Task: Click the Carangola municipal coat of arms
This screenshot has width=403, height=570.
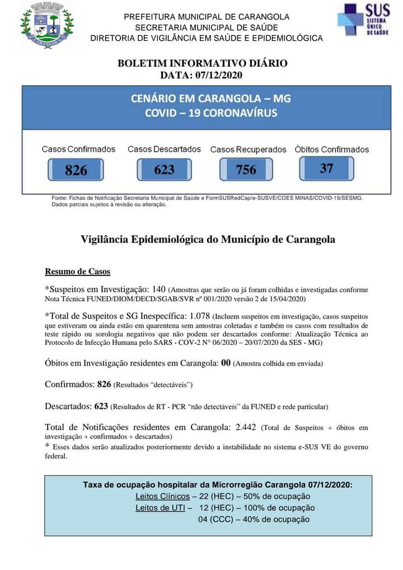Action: pos(47,25)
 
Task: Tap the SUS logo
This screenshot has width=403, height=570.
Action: pos(363,20)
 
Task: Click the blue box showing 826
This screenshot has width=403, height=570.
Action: pos(76,170)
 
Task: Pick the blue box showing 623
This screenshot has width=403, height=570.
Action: pos(164,169)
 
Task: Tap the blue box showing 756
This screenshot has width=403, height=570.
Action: pos(246,169)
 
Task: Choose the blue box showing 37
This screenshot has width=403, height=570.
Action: pos(326,168)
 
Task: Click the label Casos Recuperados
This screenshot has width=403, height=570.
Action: pos(248,149)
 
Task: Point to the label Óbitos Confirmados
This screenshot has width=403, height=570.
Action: pos(332,149)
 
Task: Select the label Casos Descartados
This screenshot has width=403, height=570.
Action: pos(164,149)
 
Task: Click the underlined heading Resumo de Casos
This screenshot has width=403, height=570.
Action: pos(77,272)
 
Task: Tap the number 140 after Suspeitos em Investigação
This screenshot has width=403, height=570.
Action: pos(159,289)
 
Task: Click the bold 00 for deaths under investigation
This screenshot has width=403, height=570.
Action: pos(226,363)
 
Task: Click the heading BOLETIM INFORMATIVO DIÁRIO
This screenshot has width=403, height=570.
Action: pos(203,63)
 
